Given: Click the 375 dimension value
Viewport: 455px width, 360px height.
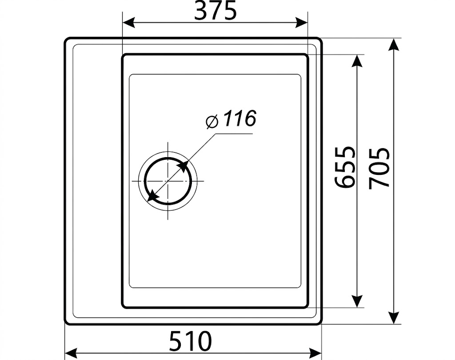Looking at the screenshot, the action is click(x=216, y=12).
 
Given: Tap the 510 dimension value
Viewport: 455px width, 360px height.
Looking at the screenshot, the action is click(x=191, y=341).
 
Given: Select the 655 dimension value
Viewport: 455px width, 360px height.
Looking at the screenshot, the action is click(x=345, y=167).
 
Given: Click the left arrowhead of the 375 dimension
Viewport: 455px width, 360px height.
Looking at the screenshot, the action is click(x=129, y=23).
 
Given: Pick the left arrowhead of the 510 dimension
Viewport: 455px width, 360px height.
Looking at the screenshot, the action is click(x=71, y=353).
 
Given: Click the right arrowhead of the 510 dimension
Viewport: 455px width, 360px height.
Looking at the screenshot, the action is click(x=315, y=353).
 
